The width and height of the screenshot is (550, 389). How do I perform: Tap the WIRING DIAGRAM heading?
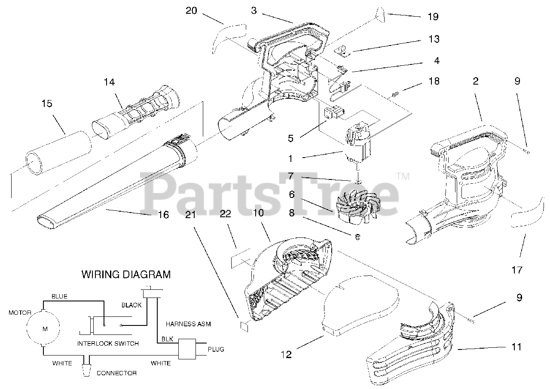click(x=126, y=274)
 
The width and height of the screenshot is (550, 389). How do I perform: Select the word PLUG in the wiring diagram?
click(x=216, y=349)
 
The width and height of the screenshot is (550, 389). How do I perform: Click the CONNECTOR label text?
click(x=116, y=373)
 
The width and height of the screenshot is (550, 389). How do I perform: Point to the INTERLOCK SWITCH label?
click(x=108, y=343)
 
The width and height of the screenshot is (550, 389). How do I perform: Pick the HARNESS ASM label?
click(x=188, y=324)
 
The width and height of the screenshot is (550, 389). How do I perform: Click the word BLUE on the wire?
click(x=60, y=296)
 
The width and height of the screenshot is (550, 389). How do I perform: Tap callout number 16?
click(x=163, y=215)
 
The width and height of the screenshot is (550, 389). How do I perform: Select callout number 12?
click(x=286, y=355)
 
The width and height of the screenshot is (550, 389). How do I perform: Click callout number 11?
click(x=516, y=347)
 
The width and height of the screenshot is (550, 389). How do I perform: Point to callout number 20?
click(x=191, y=10)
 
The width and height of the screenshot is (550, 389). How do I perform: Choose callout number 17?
click(x=517, y=270)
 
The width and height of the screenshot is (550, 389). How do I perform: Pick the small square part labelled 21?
click(x=243, y=325)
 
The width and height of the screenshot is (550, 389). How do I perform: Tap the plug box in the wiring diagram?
click(x=187, y=349)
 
